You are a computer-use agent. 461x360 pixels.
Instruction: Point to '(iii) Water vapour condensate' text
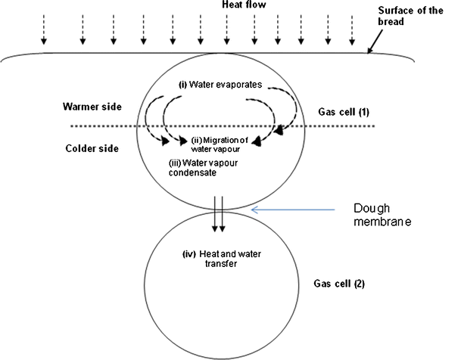tap(198, 169)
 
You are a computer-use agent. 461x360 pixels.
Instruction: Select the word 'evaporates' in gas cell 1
tap(238, 83)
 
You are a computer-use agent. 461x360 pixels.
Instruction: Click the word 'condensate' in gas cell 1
tap(197, 173)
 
